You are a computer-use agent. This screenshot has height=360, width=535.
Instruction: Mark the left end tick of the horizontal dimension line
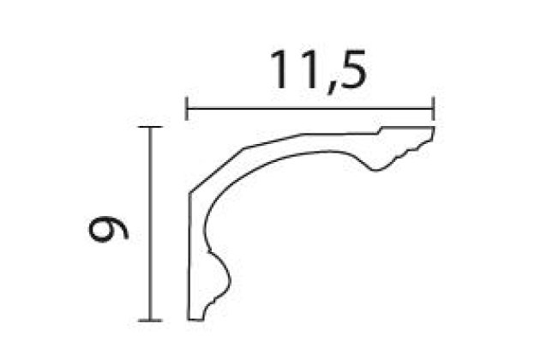pos(188,108)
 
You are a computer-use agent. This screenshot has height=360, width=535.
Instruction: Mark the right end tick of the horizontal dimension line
pos(434,108)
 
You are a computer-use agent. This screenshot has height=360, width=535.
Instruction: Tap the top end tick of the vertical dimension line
pos(150,128)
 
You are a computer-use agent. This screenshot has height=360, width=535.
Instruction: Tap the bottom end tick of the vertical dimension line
pos(150,320)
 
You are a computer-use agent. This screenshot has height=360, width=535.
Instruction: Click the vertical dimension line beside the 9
pos(150,224)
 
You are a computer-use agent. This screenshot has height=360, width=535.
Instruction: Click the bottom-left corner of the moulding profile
pos(189,319)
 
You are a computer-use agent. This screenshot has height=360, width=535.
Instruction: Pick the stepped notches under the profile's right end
pos(412,151)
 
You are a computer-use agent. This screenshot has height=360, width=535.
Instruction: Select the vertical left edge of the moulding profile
pos(189,257)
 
